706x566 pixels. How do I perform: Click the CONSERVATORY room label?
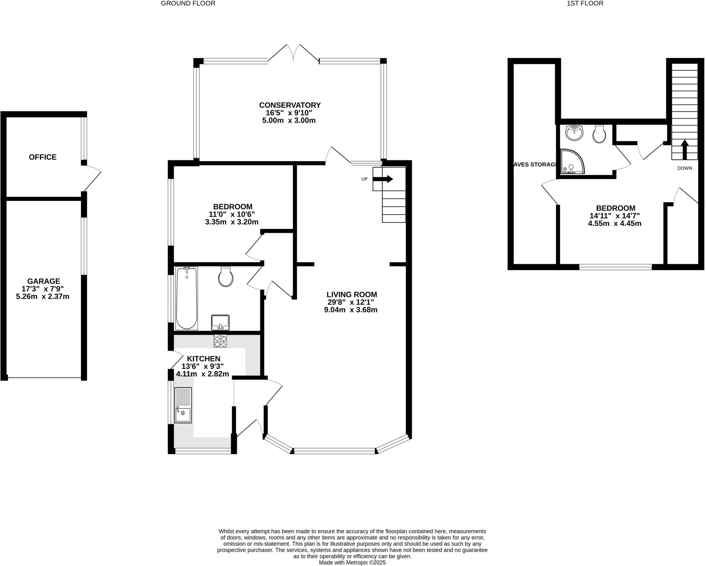click(x=290, y=105)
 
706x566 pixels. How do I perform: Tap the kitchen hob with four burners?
click(x=221, y=341)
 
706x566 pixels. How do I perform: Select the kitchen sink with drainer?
click(x=183, y=405)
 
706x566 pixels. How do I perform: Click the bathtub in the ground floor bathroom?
click(x=186, y=298)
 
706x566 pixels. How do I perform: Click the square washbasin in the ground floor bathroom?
click(x=220, y=322)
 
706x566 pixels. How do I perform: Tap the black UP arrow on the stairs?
click(x=383, y=179)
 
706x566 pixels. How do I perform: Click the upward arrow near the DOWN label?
click(x=685, y=149)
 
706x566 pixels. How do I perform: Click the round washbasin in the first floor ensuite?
click(x=574, y=133)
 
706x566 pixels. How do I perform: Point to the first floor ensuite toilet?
click(x=599, y=135)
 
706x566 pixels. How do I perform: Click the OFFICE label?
click(x=43, y=157)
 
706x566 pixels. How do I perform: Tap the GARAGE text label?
click(x=44, y=281)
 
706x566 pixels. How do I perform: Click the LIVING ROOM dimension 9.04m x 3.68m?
click(x=351, y=310)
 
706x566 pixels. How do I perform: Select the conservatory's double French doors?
click(x=293, y=53)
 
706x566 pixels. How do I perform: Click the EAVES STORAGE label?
click(x=535, y=165)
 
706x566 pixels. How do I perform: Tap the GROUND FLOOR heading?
click(x=188, y=3)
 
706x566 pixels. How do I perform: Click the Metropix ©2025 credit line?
click(x=352, y=563)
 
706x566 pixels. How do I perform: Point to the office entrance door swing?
click(x=92, y=178)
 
